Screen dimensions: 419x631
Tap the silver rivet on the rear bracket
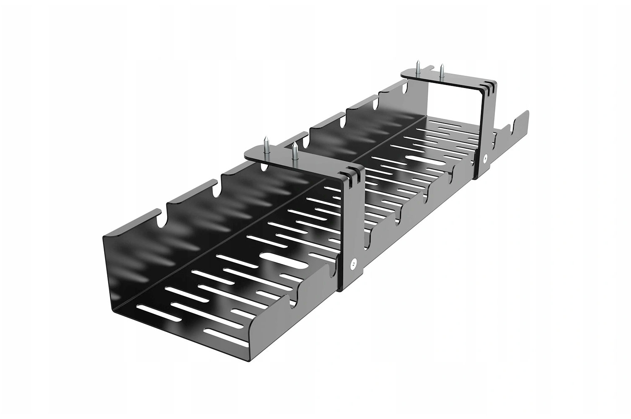485,158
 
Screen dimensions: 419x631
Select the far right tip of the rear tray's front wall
528,113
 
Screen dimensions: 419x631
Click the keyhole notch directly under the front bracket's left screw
264,167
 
